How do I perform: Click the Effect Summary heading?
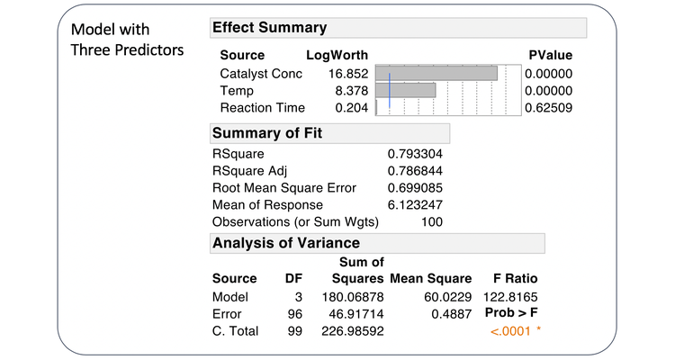[270, 28]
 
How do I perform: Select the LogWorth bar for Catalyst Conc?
[436, 74]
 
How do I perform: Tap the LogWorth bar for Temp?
[406, 91]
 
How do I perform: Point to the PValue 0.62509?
[549, 108]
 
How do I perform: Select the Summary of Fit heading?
[267, 134]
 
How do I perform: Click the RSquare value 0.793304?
[415, 154]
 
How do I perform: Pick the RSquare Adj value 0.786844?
[415, 171]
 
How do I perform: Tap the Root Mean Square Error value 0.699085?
[415, 188]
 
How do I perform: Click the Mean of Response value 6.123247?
[415, 205]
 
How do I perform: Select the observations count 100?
[431, 222]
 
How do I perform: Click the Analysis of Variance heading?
[286, 243]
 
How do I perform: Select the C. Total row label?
[235, 331]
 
